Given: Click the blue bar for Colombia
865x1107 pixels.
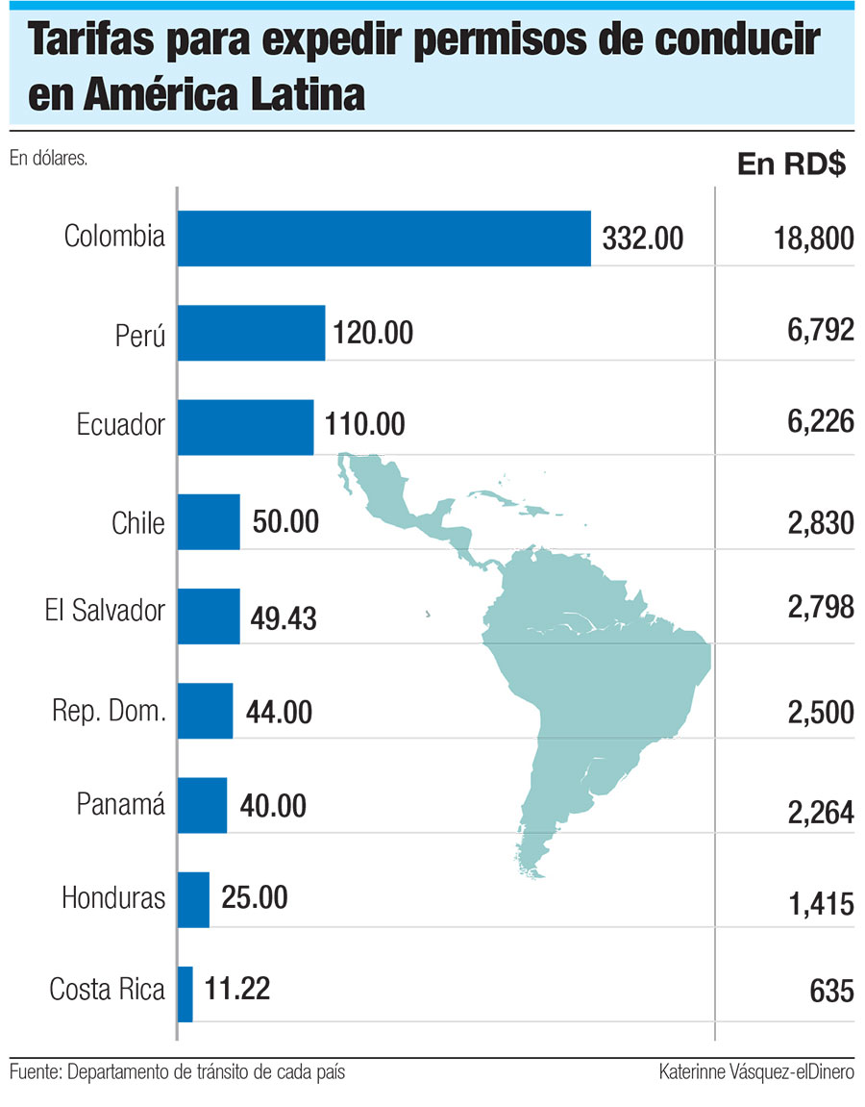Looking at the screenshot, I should click(x=384, y=238).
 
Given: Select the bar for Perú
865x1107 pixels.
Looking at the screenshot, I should click(x=252, y=333).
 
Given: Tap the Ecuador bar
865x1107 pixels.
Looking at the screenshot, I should click(x=246, y=427).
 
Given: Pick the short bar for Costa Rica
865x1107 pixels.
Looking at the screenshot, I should click(x=185, y=994).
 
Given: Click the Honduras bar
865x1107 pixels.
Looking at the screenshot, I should click(x=193, y=899).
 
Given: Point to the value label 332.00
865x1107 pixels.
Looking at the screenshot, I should click(x=643, y=238).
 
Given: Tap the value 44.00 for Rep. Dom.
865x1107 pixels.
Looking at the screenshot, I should click(x=279, y=713).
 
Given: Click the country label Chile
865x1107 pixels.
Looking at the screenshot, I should click(x=138, y=524).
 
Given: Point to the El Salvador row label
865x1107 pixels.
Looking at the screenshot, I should click(x=105, y=611).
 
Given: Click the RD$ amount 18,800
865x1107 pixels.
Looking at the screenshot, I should click(x=813, y=239).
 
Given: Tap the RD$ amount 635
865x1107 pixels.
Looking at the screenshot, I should click(x=832, y=991).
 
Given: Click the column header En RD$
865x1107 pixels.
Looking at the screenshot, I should click(x=791, y=164).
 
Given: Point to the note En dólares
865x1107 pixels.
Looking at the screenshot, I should click(x=49, y=159).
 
